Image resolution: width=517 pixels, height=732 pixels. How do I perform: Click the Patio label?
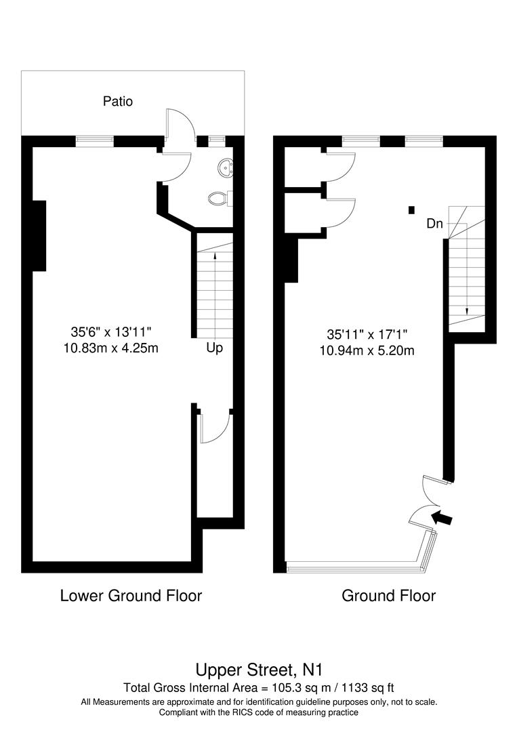pyautogui.click(x=118, y=102)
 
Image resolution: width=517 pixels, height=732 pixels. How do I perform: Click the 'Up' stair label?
pyautogui.click(x=215, y=348)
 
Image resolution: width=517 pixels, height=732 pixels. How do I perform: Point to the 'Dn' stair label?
pyautogui.click(x=434, y=223)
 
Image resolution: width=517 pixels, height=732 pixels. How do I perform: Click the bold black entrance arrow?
pyautogui.click(x=442, y=518)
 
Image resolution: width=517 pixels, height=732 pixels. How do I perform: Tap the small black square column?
pyautogui.click(x=411, y=210)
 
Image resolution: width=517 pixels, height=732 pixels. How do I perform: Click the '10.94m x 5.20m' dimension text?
pyautogui.click(x=367, y=350)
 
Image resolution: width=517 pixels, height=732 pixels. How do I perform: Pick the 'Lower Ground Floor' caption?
pyautogui.click(x=131, y=596)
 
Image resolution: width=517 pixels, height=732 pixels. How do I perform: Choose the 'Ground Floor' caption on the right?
pyautogui.click(x=388, y=596)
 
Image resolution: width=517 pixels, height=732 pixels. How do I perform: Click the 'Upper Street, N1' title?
pyautogui.click(x=258, y=670)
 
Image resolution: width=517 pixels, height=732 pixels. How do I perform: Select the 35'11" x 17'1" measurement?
pyautogui.click(x=367, y=334)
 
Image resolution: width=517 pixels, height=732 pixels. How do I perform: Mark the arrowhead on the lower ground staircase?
pyautogui.click(x=215, y=256)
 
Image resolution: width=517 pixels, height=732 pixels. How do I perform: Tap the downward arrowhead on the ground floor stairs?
pyautogui.click(x=466, y=310)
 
